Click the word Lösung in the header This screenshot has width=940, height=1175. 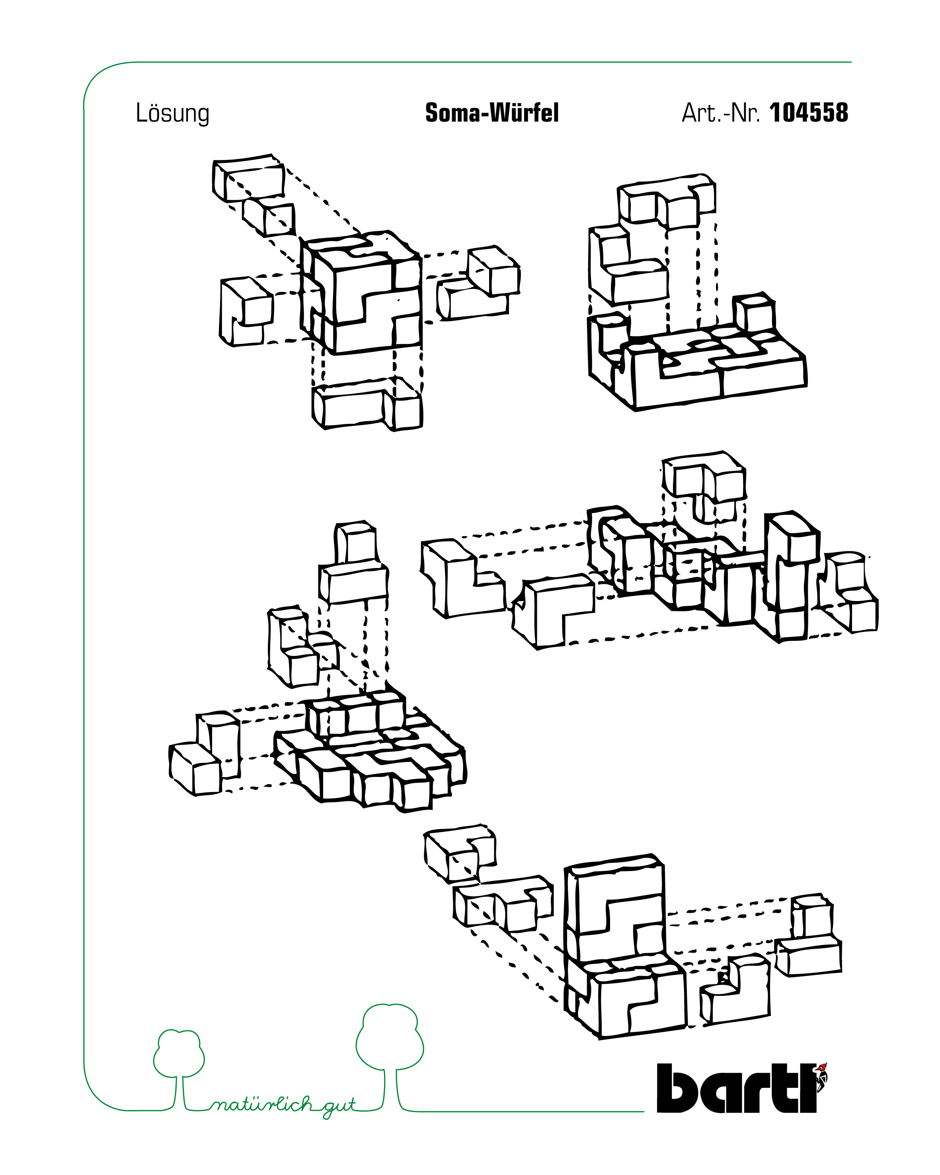click(172, 113)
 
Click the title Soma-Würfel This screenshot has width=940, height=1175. click(491, 113)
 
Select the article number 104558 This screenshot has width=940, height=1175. click(809, 113)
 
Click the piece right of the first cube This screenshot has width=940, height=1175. click(478, 283)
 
